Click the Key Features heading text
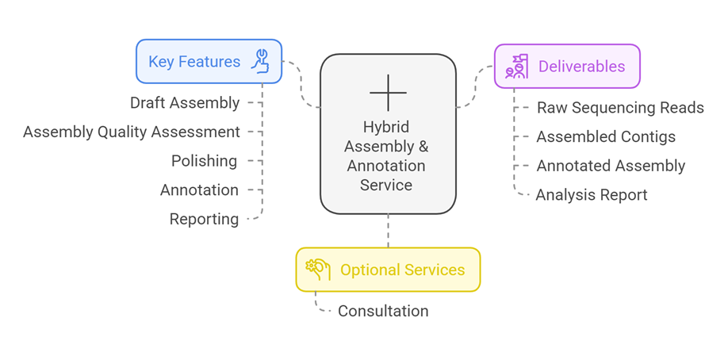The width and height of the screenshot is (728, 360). click(x=194, y=62)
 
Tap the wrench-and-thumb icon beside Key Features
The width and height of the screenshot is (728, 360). click(x=260, y=61)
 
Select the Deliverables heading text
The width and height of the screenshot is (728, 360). click(x=581, y=67)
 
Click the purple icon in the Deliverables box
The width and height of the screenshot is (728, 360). click(x=517, y=67)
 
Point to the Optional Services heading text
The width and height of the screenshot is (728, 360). click(x=402, y=270)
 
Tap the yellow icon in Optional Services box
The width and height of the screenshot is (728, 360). click(x=317, y=270)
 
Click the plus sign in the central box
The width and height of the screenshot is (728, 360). click(x=388, y=93)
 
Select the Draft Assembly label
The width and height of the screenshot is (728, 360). click(x=185, y=103)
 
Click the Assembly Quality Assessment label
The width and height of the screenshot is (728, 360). click(x=132, y=132)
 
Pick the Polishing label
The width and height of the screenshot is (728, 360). click(x=205, y=161)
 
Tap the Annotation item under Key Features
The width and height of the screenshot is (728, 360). click(x=199, y=190)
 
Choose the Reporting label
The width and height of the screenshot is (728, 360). click(x=204, y=220)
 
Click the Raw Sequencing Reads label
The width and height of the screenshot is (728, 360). click(x=620, y=108)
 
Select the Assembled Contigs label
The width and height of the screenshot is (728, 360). click(x=606, y=137)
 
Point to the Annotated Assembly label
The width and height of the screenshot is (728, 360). click(x=611, y=166)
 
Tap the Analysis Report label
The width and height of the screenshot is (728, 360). click(x=592, y=195)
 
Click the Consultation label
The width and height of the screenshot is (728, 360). click(x=383, y=311)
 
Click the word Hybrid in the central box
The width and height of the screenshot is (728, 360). click(x=386, y=128)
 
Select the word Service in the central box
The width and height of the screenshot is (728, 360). click(x=386, y=185)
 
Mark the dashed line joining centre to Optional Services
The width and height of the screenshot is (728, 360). click(x=388, y=231)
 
